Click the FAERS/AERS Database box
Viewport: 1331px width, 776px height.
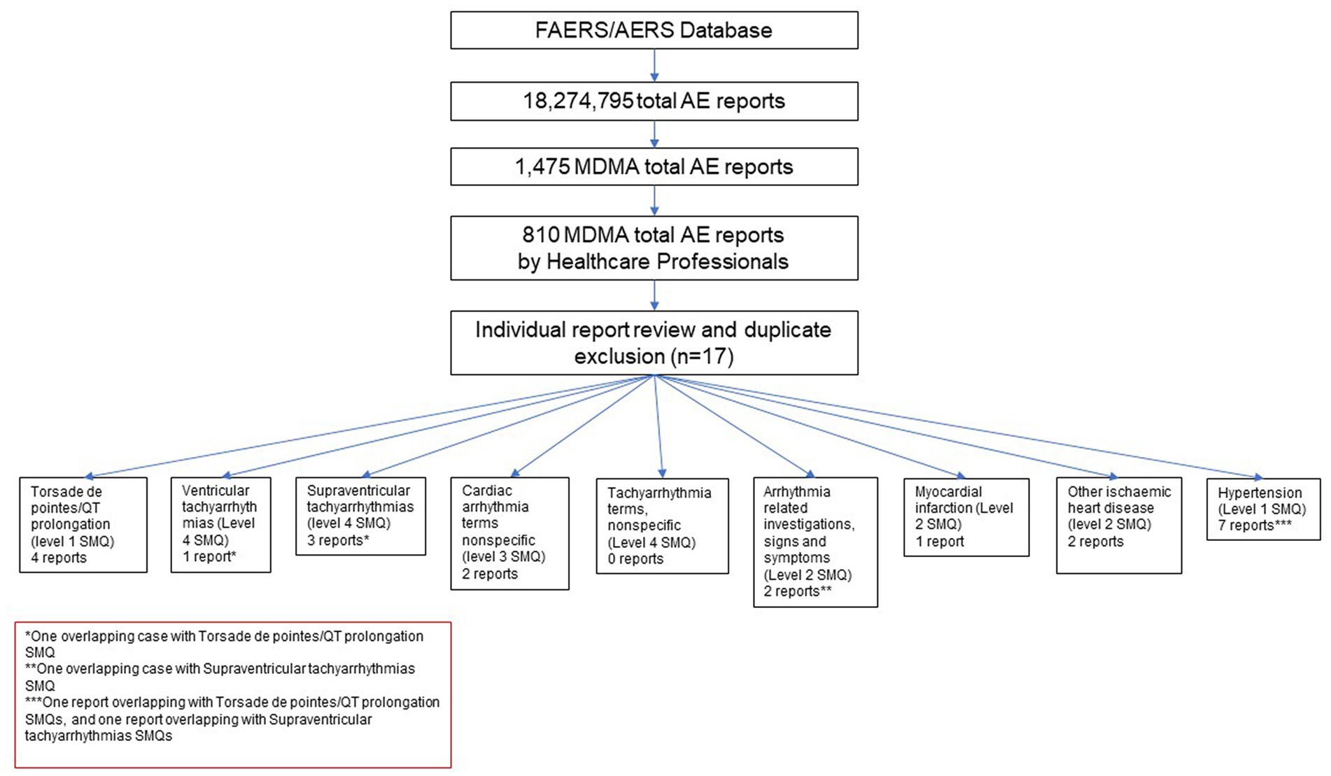click(x=654, y=30)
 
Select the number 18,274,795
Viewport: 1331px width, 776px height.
click(x=578, y=101)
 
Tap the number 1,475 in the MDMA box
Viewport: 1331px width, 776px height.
click(x=542, y=167)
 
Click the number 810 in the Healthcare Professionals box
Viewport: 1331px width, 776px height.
click(x=541, y=234)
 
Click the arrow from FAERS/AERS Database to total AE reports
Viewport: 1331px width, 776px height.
click(x=654, y=65)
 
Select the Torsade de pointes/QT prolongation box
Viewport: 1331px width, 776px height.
click(x=83, y=525)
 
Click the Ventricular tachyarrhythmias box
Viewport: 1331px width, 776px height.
click(x=220, y=525)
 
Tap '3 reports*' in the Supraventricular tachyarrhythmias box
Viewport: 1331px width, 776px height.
click(x=338, y=540)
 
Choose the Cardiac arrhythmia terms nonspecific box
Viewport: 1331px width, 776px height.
click(x=509, y=533)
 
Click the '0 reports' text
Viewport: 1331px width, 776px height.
click(x=635, y=558)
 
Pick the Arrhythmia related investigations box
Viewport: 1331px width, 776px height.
click(x=815, y=542)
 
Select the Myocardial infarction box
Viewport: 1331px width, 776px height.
click(x=966, y=517)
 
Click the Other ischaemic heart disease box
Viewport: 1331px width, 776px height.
click(x=1119, y=525)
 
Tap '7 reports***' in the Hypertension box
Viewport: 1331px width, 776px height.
click(x=1255, y=525)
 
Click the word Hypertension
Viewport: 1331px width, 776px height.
click(x=1260, y=493)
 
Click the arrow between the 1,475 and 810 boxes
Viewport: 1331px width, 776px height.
click(x=654, y=200)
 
